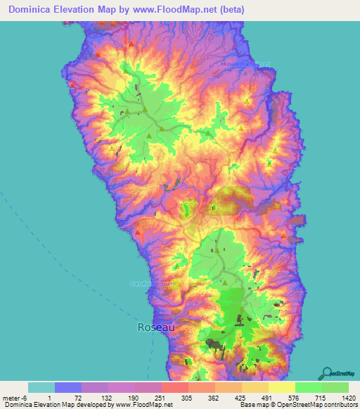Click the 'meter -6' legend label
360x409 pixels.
tap(15, 397)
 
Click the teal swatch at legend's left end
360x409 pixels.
tap(41, 387)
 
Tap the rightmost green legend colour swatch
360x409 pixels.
tap(335, 387)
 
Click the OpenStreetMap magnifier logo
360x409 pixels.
tap(328, 373)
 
